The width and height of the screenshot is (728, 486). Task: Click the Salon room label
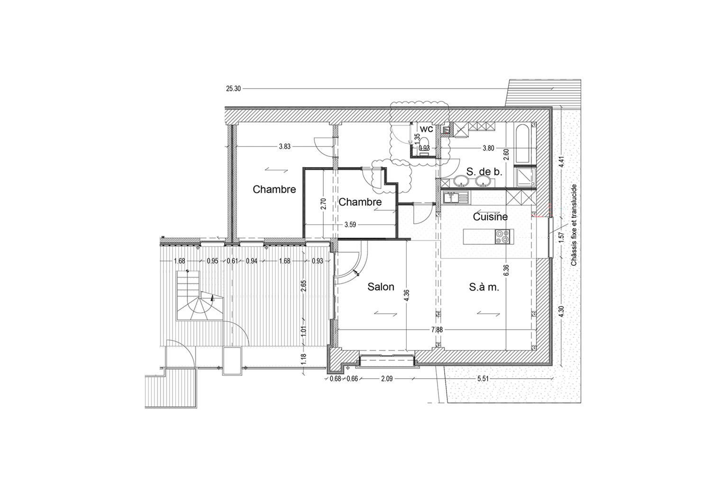(x=381, y=287)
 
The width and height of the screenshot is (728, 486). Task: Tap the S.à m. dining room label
(x=484, y=287)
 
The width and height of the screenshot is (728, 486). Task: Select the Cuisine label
(x=490, y=217)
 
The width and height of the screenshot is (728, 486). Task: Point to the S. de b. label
(x=484, y=171)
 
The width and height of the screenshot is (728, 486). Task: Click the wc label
(x=427, y=129)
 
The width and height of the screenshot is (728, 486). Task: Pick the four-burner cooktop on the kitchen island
(x=502, y=237)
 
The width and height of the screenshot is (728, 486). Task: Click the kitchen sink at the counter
(x=456, y=197)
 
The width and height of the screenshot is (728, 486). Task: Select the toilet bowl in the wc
(x=424, y=142)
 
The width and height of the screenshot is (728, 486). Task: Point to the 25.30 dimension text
(x=233, y=89)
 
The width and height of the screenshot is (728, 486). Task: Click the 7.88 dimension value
(x=437, y=330)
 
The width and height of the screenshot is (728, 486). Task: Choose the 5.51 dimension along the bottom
(x=483, y=379)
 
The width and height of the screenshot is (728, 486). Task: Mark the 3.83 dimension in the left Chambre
(x=285, y=147)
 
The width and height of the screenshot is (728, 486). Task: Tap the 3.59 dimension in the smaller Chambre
(x=350, y=224)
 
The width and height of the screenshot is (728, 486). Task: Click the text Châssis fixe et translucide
(x=574, y=225)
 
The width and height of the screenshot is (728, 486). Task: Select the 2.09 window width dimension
(x=387, y=379)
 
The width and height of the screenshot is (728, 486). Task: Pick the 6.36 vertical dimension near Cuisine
(x=506, y=270)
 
